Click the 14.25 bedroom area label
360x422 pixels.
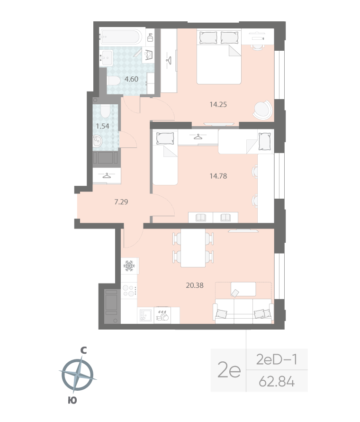(218, 104)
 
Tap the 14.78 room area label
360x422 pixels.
(218, 175)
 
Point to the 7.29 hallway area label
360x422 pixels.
(121, 202)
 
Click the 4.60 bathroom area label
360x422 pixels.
(131, 79)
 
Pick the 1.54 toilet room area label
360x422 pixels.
(103, 126)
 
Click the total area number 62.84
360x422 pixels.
(277, 381)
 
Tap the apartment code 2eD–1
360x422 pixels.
(277, 360)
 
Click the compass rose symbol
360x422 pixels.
(77, 375)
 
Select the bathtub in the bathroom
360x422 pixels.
(120, 36)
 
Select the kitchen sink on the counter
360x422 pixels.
(145, 315)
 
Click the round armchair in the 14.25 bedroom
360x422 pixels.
(262, 110)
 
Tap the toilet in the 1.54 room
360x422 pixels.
(105, 112)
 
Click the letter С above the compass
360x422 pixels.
(83, 350)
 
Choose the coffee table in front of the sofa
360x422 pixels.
(243, 289)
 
